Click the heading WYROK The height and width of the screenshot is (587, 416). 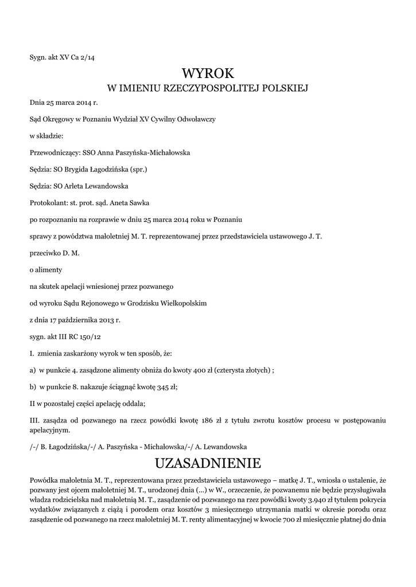click(x=208, y=73)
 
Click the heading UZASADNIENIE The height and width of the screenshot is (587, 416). click(x=208, y=463)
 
